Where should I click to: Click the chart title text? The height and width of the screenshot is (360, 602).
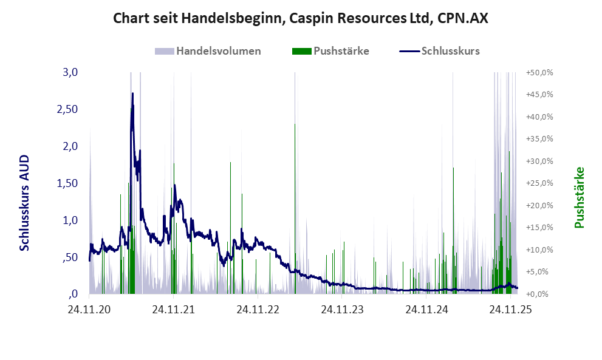[x=301, y=19]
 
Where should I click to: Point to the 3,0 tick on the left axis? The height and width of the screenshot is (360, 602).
[x=70, y=72]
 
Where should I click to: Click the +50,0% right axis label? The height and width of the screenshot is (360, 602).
[x=539, y=72]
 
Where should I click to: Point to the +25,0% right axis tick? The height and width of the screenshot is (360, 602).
[x=539, y=183]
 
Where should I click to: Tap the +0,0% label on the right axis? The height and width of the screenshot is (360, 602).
[x=541, y=294]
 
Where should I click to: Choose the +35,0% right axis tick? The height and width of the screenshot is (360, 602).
[x=539, y=139]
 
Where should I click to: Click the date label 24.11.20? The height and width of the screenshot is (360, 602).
[x=89, y=310]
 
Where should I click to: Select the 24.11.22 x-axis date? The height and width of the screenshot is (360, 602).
[x=258, y=310]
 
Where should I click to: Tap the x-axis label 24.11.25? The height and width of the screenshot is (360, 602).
[x=510, y=310]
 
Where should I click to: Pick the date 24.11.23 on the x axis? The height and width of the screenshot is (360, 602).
[x=343, y=310]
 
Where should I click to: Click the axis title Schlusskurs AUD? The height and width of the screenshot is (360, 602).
[x=25, y=203]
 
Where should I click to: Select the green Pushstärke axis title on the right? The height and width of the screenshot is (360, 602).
[x=579, y=197]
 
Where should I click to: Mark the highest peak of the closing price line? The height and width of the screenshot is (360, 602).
[x=132, y=94]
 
